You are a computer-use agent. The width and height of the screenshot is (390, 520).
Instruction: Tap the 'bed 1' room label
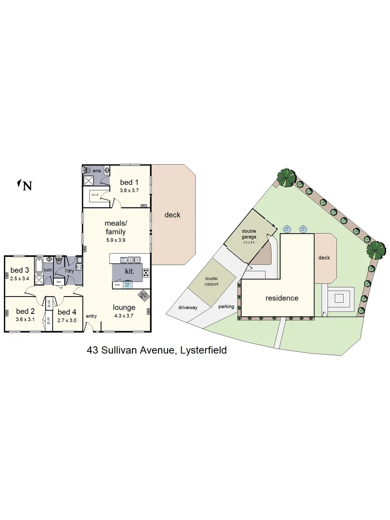[129, 182]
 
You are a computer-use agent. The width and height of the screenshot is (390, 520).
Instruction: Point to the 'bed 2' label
[26, 311]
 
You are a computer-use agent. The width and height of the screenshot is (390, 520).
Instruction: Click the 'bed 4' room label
[67, 311]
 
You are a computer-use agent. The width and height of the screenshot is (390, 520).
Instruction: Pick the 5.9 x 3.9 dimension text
[116, 240]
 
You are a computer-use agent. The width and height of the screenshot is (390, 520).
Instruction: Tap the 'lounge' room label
[124, 307]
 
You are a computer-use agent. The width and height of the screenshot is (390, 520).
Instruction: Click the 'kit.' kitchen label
[130, 271]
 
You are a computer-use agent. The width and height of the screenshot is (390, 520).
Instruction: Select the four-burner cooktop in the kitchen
[145, 273]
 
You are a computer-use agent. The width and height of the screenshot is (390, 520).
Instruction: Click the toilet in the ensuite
[87, 170]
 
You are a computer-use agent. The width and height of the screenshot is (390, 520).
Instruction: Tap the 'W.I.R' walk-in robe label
[95, 195]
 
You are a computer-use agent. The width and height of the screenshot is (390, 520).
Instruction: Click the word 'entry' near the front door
[91, 316]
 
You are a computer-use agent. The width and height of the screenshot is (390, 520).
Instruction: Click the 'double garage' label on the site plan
[249, 234]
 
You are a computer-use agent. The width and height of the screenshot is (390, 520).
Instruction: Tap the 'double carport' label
[212, 281]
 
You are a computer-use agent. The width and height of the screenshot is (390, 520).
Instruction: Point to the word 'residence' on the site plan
[282, 298]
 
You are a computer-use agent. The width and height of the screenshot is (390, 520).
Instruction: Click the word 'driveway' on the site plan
[188, 307]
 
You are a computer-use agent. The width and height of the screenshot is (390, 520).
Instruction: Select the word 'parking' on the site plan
[226, 307]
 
